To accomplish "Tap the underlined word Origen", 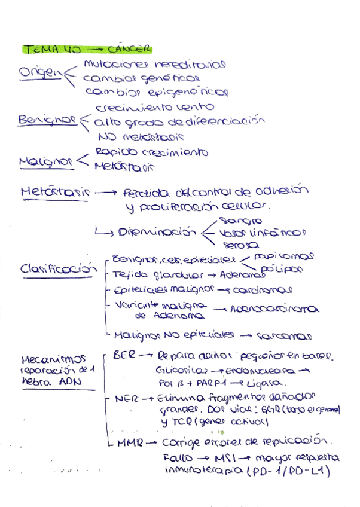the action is (x=40, y=72).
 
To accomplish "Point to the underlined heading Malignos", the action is (x=45, y=161).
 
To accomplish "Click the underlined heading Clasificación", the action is (x=58, y=270).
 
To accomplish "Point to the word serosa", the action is (x=240, y=245).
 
